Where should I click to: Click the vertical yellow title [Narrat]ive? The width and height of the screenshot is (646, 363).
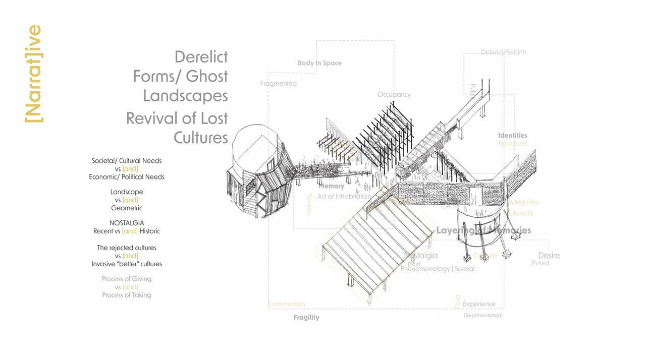click(x=34, y=74)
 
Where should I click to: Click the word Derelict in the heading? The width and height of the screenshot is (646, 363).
click(x=201, y=56)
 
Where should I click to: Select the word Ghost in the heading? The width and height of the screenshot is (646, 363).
click(x=207, y=76)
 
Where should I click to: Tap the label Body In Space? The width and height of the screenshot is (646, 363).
click(x=319, y=63)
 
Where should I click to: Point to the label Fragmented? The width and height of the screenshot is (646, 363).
click(x=278, y=84)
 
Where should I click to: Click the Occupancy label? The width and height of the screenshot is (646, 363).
click(x=394, y=94)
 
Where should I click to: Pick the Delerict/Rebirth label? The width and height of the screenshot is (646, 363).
click(x=503, y=52)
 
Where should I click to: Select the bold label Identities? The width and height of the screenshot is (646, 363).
click(x=512, y=135)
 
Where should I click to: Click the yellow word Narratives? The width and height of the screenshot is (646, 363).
click(x=513, y=144)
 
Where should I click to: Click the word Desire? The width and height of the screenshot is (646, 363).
click(x=549, y=256)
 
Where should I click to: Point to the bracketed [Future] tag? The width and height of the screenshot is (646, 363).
click(x=540, y=263)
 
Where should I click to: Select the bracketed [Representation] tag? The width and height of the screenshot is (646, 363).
click(x=483, y=315)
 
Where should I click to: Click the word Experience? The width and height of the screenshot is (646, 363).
click(x=479, y=304)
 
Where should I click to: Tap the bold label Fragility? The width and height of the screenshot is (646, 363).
click(x=306, y=318)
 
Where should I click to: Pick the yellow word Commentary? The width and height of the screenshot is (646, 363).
click(x=287, y=304)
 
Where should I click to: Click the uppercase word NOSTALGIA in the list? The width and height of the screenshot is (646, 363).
click(x=127, y=223)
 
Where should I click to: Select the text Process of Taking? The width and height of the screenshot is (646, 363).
click(x=127, y=295)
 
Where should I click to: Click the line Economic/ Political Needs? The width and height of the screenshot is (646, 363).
click(x=127, y=177)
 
